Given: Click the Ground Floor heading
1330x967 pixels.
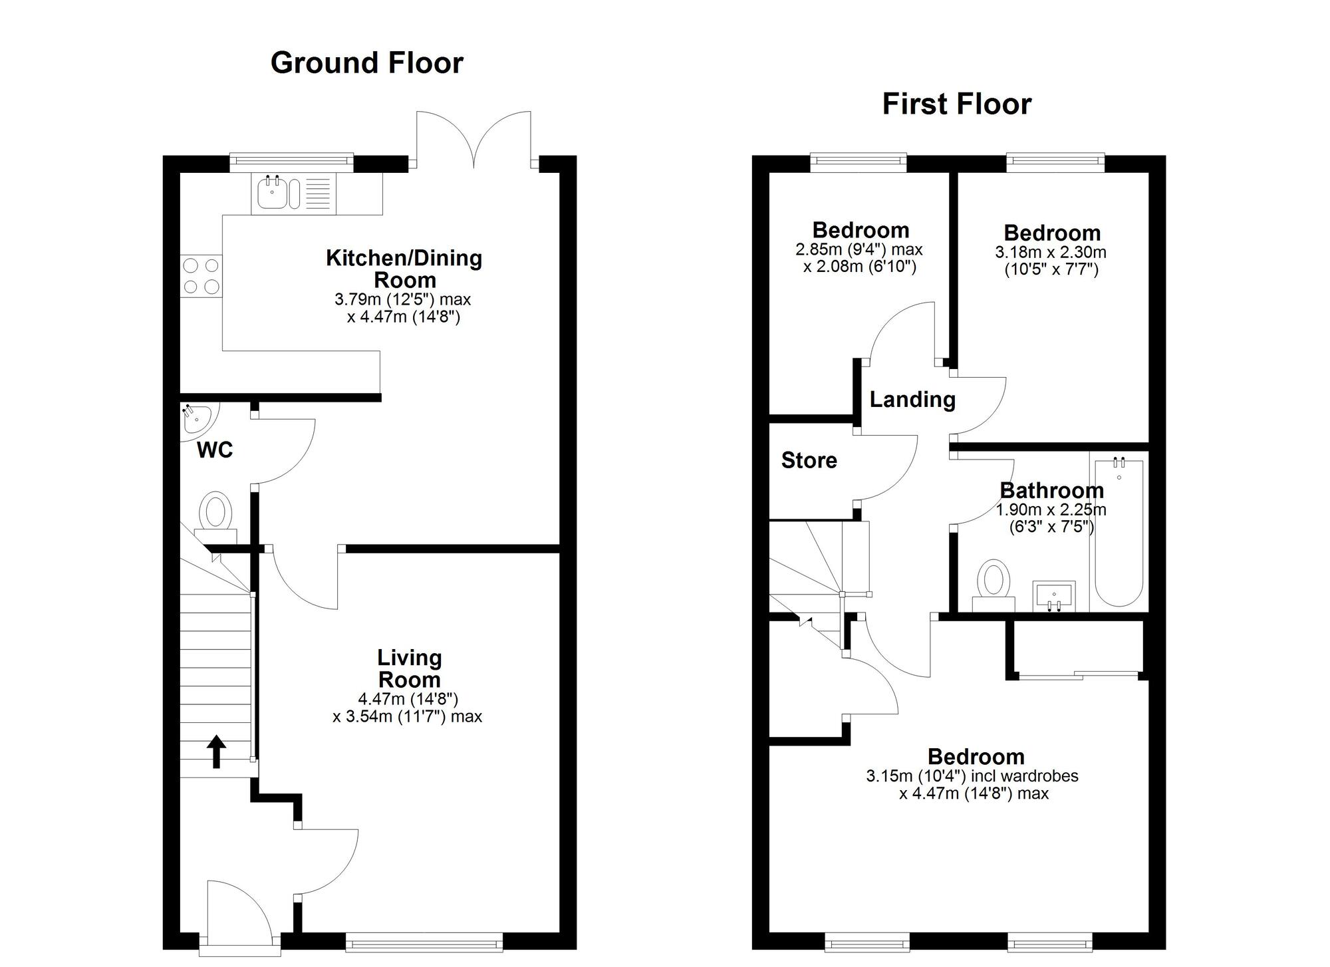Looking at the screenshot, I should pyautogui.click(x=366, y=63).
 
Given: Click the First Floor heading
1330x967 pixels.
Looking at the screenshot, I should pyautogui.click(x=956, y=104).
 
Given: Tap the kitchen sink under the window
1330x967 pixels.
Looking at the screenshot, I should pyautogui.click(x=272, y=194).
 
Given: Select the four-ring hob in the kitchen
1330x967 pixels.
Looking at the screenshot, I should pyautogui.click(x=201, y=276).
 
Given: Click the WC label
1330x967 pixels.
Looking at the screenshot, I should pyautogui.click(x=215, y=450).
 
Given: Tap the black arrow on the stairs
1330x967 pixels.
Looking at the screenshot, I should pyautogui.click(x=216, y=752).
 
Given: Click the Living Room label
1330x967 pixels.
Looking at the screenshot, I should pyautogui.click(x=409, y=668).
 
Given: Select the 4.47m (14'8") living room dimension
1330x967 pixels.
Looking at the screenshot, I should pyautogui.click(x=408, y=699).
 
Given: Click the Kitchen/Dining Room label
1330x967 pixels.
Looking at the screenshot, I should pyautogui.click(x=404, y=268).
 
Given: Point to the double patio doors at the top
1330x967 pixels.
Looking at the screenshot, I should pyautogui.click(x=473, y=141).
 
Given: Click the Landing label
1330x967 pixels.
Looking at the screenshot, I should pyautogui.click(x=912, y=399).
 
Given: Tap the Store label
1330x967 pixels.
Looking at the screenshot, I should pyautogui.click(x=809, y=460).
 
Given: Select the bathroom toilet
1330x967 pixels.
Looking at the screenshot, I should pyautogui.click(x=994, y=582).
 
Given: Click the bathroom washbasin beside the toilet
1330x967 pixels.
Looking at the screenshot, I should pyautogui.click(x=1054, y=594).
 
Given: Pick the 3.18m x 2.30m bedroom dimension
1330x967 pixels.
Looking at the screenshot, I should pyautogui.click(x=1051, y=252).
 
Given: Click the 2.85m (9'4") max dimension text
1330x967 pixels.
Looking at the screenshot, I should pyautogui.click(x=859, y=249).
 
